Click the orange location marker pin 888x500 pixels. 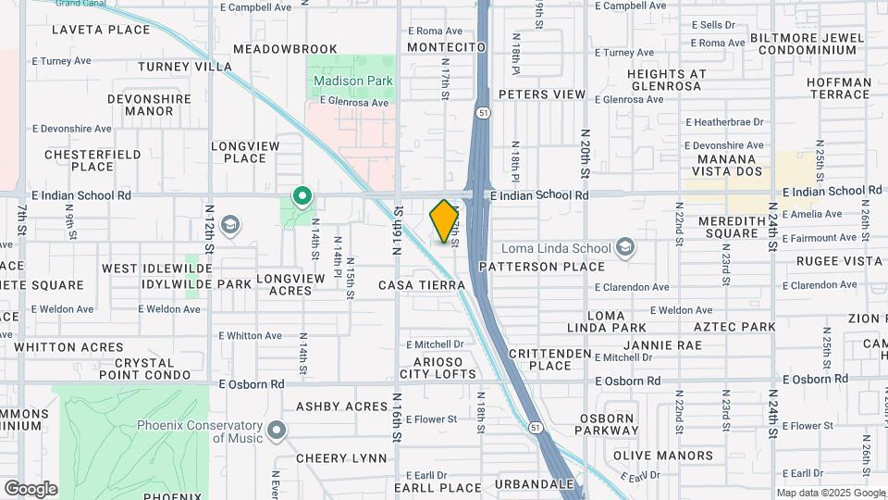[445, 221]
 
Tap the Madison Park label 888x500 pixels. [353, 81]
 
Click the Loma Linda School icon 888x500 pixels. [625, 246]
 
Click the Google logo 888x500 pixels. [31, 488]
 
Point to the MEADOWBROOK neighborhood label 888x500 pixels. [285, 48]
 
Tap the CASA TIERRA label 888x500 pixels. [421, 285]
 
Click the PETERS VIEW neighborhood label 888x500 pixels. [542, 94]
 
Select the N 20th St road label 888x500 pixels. [585, 152]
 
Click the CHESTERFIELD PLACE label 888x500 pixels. [92, 160]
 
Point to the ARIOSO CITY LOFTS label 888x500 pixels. [438, 368]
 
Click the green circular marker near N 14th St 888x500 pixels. [302, 196]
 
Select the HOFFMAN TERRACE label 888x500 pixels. [839, 88]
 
